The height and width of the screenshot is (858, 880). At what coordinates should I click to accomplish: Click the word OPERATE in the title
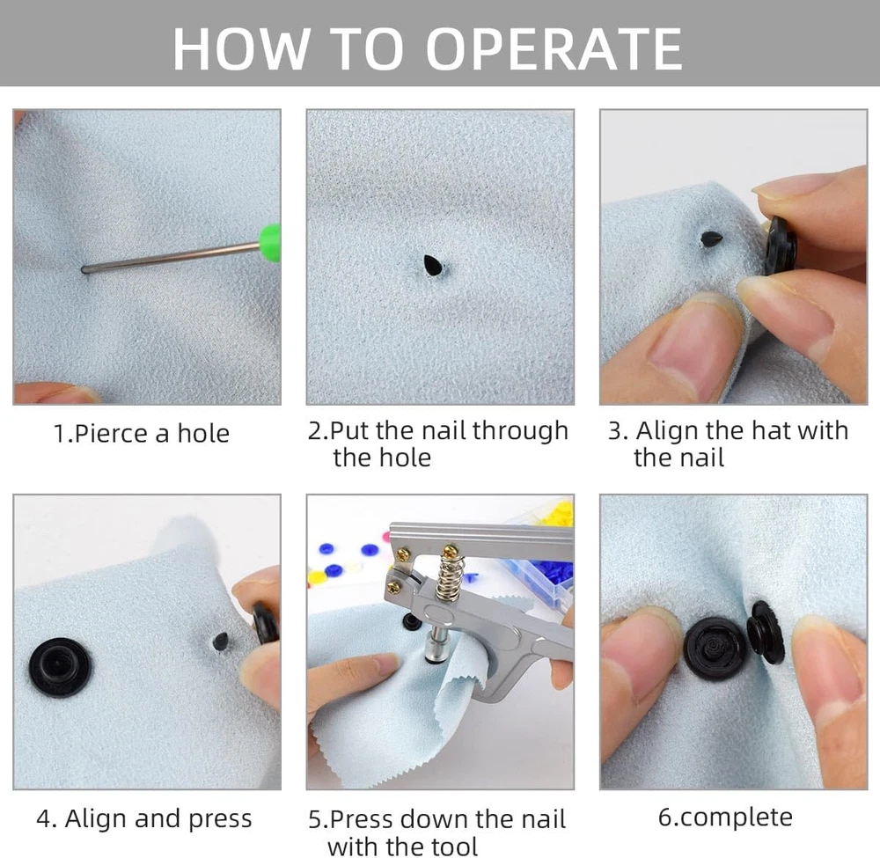[554, 49]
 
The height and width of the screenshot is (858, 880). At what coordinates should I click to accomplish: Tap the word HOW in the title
[242, 49]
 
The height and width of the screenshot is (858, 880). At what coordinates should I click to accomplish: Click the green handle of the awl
[270, 242]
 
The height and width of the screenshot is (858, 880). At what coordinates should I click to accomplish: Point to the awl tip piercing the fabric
[85, 270]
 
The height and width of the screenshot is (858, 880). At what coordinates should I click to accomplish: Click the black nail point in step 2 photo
[432, 266]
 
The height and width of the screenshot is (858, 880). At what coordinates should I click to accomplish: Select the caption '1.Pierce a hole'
[142, 434]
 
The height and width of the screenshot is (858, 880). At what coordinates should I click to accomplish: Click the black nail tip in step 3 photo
[711, 238]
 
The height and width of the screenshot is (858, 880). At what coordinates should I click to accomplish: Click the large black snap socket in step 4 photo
[60, 667]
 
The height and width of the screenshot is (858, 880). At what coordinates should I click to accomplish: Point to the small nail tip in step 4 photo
[221, 642]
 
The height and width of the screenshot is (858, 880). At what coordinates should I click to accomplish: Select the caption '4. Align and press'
[144, 818]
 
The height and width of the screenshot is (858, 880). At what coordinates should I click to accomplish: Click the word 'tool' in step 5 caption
[454, 846]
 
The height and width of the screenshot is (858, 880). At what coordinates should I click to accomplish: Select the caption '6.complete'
[725, 818]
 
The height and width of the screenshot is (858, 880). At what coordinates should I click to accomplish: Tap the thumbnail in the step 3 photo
[685, 354]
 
